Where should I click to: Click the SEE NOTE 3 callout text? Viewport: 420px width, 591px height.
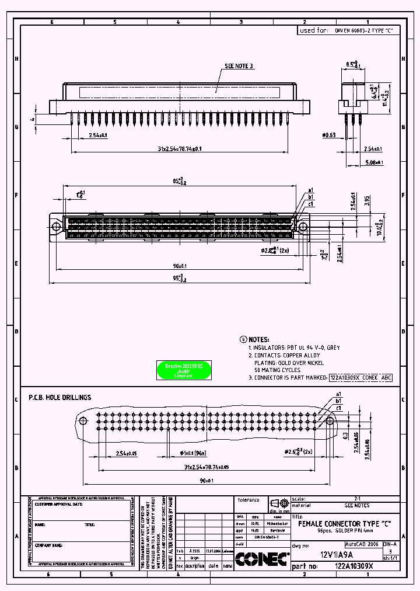[x=239, y=67]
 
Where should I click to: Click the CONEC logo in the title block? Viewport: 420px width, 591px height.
[x=262, y=559]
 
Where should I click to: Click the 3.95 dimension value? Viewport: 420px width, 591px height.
[x=367, y=201]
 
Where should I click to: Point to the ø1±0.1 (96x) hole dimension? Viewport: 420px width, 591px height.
[x=191, y=453]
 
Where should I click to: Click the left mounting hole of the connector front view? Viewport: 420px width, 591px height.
[x=57, y=227]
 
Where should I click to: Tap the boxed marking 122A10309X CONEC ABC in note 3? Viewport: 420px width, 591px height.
[x=360, y=378]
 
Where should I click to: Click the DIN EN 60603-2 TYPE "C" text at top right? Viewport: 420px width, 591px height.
[x=367, y=30]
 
